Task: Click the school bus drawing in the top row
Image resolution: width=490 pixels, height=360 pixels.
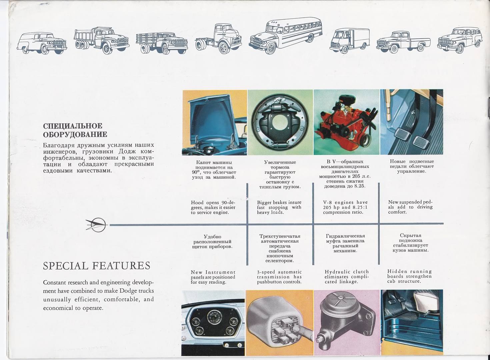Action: tap(285, 36)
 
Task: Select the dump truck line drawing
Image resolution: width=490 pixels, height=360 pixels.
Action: tap(101, 40)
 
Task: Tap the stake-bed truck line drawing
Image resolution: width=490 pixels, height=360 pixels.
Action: tap(162, 43)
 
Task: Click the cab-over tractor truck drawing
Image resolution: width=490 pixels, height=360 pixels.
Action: tap(218, 39)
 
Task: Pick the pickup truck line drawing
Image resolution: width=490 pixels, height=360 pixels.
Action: tap(403, 42)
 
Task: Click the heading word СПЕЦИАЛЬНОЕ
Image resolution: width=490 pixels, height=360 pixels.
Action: tap(73, 126)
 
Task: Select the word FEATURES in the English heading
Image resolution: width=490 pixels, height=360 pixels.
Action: tap(121, 266)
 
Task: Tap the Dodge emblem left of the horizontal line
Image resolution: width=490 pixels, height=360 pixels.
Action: tap(96, 225)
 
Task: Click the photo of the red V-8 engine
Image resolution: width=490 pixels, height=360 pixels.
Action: tap(346, 122)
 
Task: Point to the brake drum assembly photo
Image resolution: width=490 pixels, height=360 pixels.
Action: tap(280, 122)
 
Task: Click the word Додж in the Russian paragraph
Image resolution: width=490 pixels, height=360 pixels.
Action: tap(127, 151)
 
